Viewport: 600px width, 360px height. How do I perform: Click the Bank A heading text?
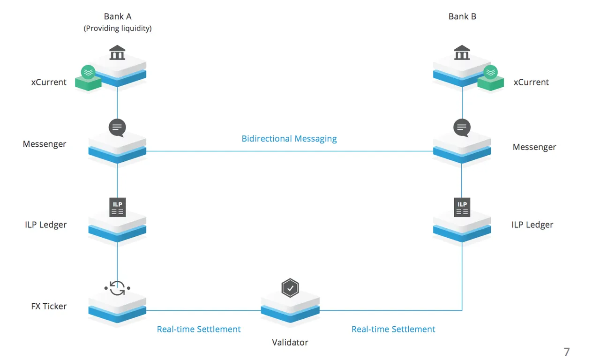(x=118, y=16)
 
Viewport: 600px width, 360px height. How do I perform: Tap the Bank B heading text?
(x=462, y=16)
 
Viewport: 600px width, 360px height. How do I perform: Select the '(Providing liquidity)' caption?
(x=118, y=29)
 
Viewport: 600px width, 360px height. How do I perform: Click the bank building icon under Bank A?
(x=117, y=52)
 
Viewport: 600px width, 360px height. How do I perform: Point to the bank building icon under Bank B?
(x=462, y=52)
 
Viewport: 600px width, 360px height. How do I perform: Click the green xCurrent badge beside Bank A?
(x=88, y=78)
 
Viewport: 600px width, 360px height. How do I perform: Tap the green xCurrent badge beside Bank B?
(x=490, y=78)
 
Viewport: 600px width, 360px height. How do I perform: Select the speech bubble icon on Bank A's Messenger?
(x=117, y=128)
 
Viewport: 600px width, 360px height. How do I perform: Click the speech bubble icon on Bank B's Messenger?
(x=462, y=128)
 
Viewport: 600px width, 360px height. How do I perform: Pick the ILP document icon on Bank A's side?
(x=117, y=207)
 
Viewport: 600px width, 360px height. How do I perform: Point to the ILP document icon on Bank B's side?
(x=462, y=207)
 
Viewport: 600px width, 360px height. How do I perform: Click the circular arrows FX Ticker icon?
(x=117, y=288)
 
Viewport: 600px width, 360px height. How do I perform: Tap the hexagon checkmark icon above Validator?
(x=290, y=288)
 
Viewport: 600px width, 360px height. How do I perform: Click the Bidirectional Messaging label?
(x=289, y=139)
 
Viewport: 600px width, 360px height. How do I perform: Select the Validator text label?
(x=290, y=342)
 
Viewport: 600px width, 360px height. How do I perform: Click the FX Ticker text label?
(x=49, y=306)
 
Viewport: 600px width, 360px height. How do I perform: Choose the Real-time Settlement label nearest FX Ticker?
(x=199, y=329)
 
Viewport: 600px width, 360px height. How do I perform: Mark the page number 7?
(x=567, y=352)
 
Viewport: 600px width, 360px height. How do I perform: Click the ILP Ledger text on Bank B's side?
(x=532, y=225)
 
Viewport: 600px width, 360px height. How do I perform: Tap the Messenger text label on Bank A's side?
(x=45, y=144)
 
